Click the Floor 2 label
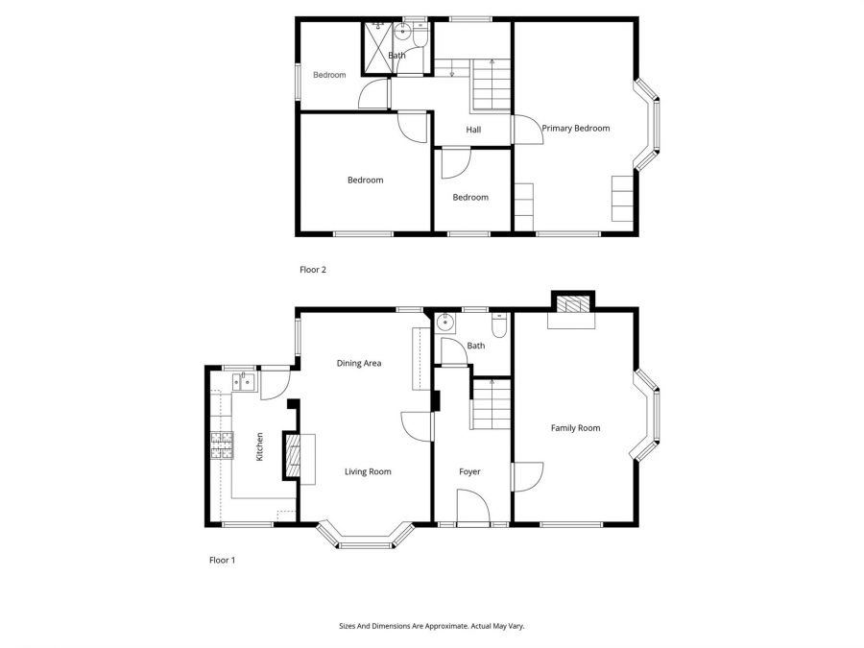coord(313,270)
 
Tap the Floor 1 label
coord(222,560)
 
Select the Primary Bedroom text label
coord(575,128)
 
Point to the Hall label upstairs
coord(473,130)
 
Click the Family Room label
coord(575,428)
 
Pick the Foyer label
coord(469,471)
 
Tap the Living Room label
coord(368,471)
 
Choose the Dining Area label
coord(359,363)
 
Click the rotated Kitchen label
coord(259,447)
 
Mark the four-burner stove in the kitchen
coord(222,445)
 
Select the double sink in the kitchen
coord(243,383)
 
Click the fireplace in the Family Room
coord(571,306)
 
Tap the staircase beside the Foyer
coord(488,403)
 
